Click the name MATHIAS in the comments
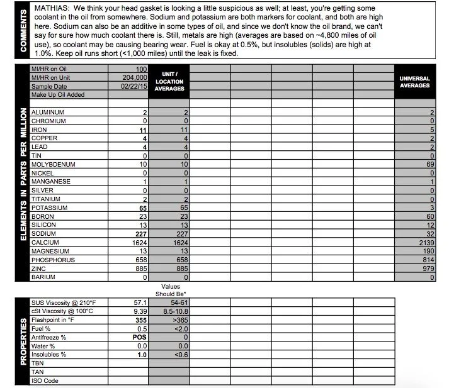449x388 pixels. tap(51, 9)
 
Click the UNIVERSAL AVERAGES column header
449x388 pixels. tap(415, 82)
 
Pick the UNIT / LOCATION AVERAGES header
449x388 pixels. tap(169, 82)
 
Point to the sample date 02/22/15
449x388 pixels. tap(134, 86)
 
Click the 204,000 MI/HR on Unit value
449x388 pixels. tap(133, 77)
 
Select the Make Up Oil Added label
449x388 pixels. tap(58, 94)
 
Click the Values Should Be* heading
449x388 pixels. tap(171, 291)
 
